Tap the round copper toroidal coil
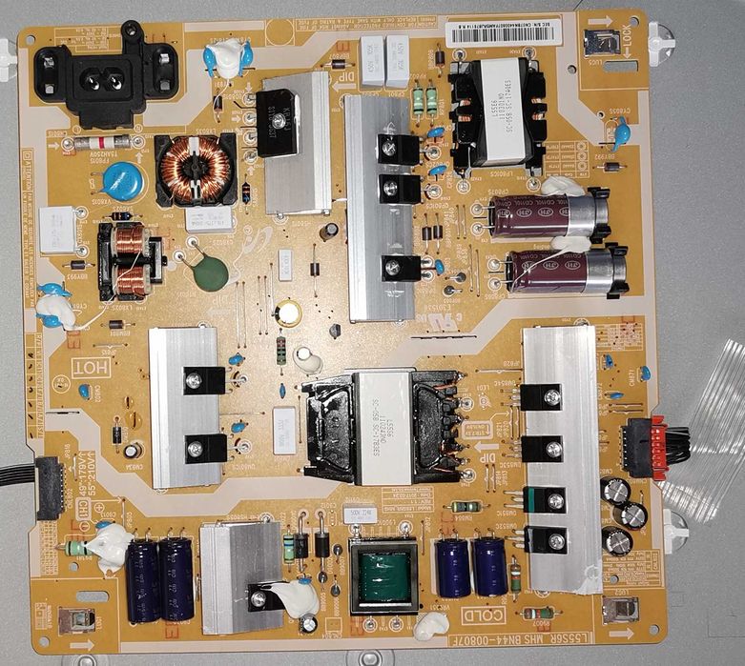[x=196, y=170]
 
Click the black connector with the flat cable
[x=50, y=486]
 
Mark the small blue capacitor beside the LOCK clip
[x=622, y=136]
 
